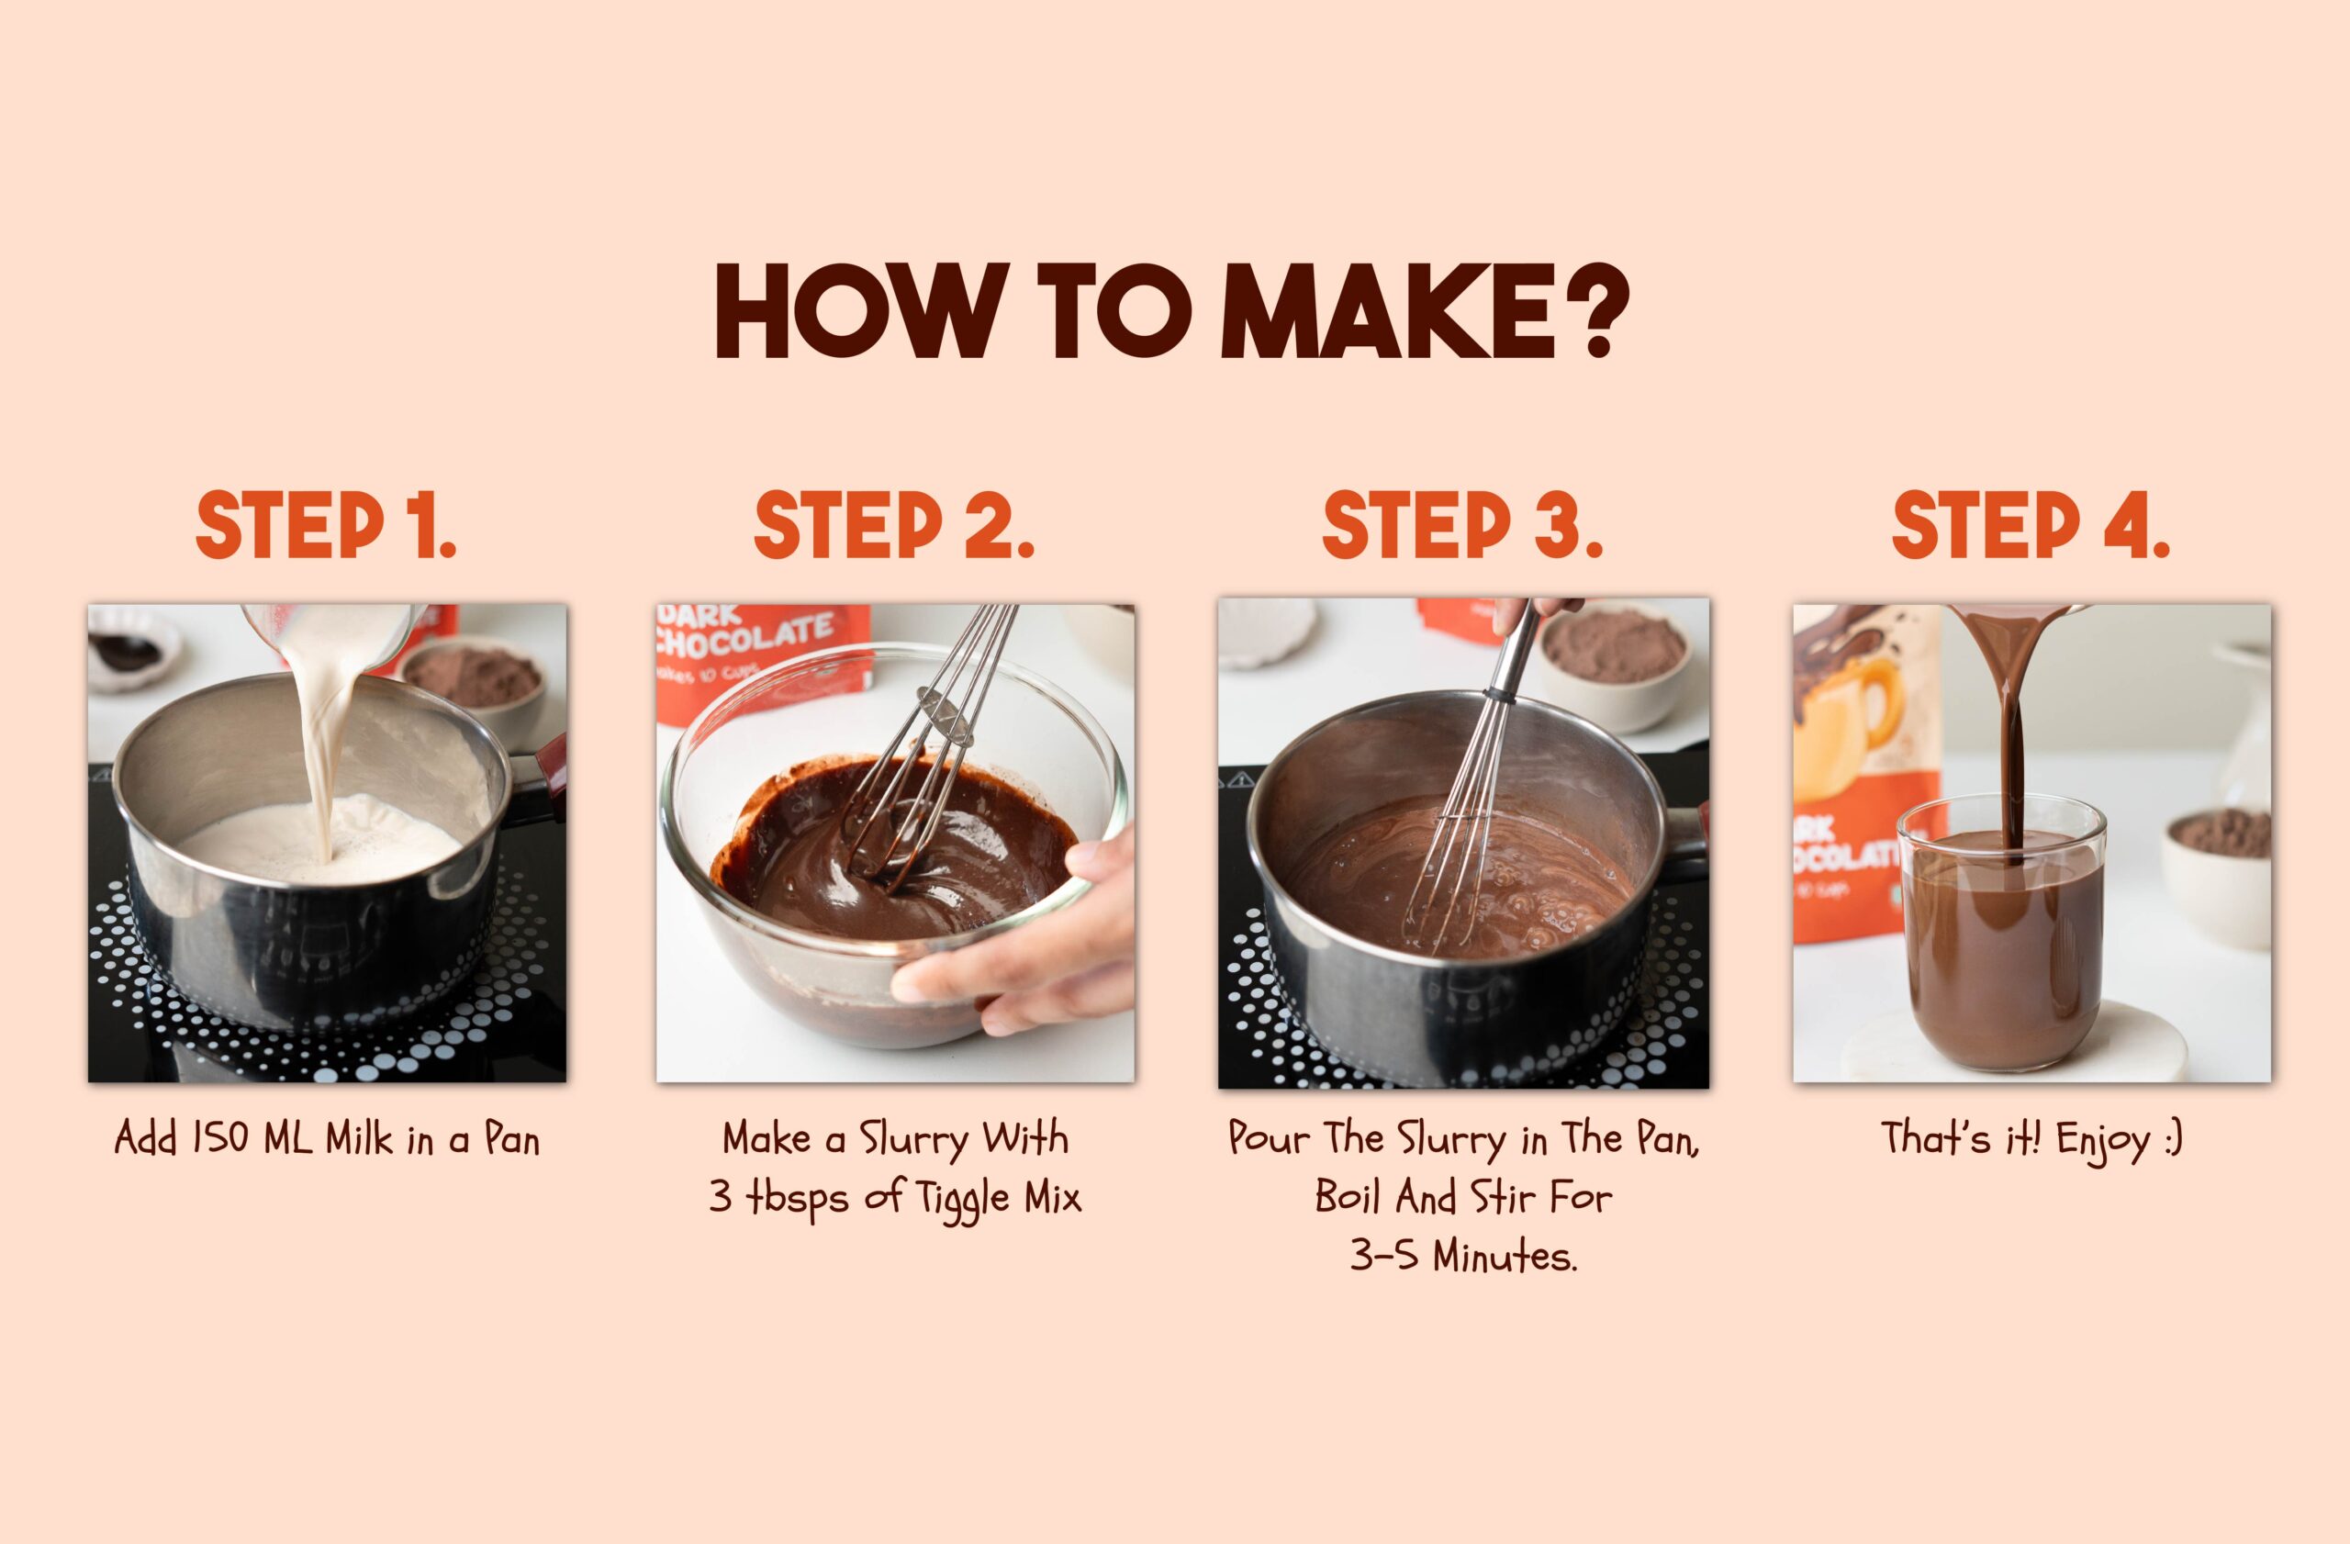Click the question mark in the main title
tap(1593, 310)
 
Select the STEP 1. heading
tap(326, 525)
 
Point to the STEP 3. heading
tap(1463, 525)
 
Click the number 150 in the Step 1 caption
tap(221, 1138)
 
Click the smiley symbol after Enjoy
tap(2172, 1139)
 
